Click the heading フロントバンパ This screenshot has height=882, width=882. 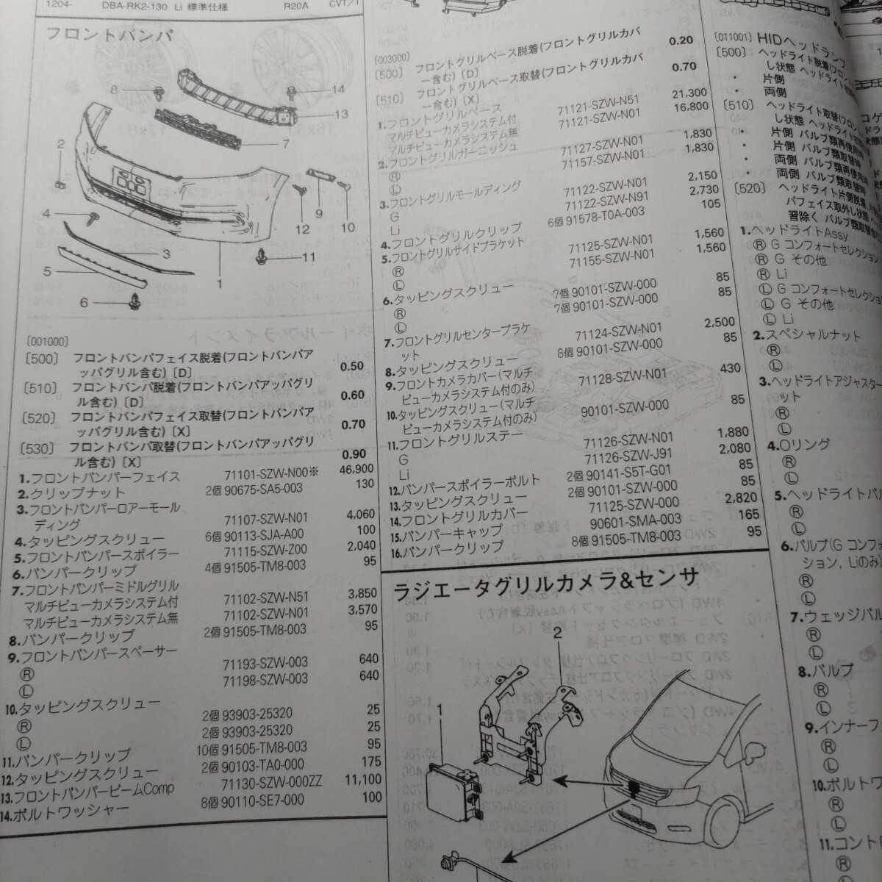(x=109, y=35)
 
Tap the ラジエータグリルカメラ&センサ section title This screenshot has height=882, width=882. (x=545, y=585)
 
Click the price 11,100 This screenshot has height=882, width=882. (x=362, y=780)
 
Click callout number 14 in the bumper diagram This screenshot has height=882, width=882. (x=337, y=90)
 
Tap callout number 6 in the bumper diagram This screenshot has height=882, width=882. (x=83, y=302)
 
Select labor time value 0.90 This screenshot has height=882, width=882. (x=353, y=454)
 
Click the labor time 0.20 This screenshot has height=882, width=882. (x=681, y=40)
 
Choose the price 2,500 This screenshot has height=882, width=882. (x=719, y=323)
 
